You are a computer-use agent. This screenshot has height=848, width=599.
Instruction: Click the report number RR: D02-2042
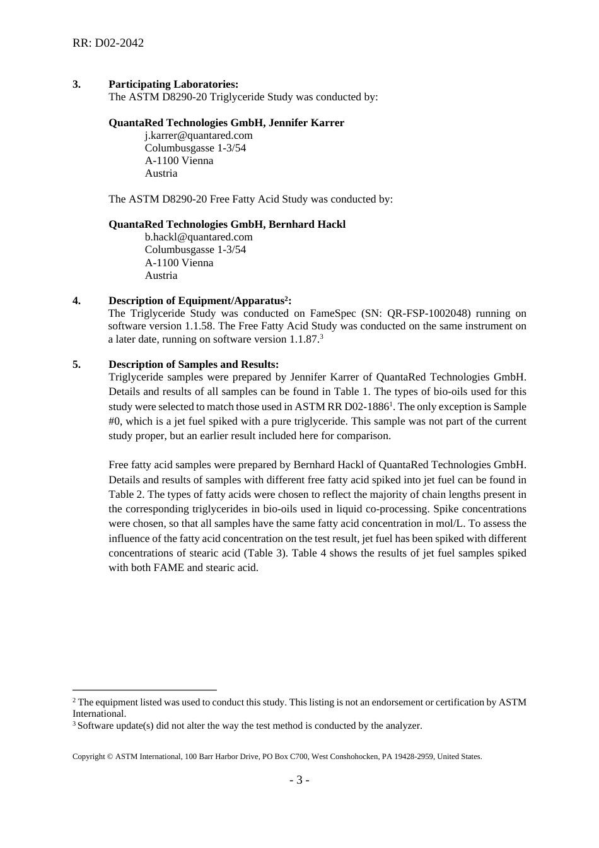(108, 43)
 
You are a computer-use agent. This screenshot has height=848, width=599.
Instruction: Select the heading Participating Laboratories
(173, 84)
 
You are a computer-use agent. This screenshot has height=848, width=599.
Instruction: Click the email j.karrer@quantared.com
(199, 135)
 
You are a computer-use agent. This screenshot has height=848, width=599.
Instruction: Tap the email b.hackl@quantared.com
(199, 237)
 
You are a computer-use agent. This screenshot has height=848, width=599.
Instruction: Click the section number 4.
(76, 300)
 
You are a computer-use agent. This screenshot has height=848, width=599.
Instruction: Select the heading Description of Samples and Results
(194, 364)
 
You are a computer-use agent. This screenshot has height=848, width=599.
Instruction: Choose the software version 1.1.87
(304, 339)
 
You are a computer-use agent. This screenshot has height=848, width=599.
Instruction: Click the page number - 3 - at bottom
(299, 780)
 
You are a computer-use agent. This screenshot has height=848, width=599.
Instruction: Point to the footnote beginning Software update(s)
(250, 726)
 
